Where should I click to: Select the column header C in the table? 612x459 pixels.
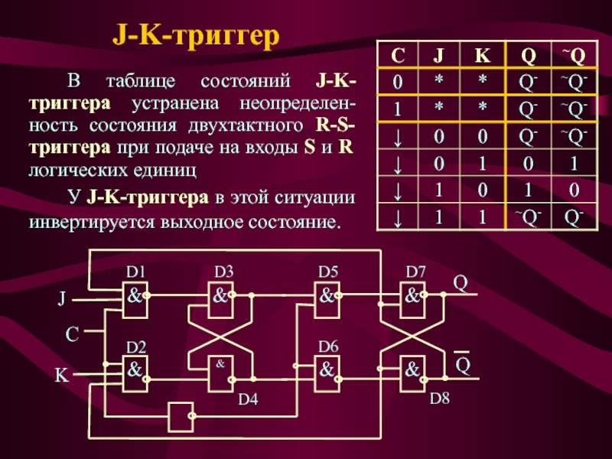pyautogui.click(x=399, y=56)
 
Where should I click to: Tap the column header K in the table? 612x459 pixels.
pyautogui.click(x=482, y=56)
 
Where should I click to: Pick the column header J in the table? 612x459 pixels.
pyautogui.click(x=439, y=56)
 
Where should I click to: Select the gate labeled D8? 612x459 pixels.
pyautogui.click(x=414, y=372)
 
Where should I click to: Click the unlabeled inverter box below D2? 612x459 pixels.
pyautogui.click(x=181, y=417)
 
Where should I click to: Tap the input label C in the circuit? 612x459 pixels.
pyautogui.click(x=71, y=334)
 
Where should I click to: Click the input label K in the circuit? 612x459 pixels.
pyautogui.click(x=61, y=376)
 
